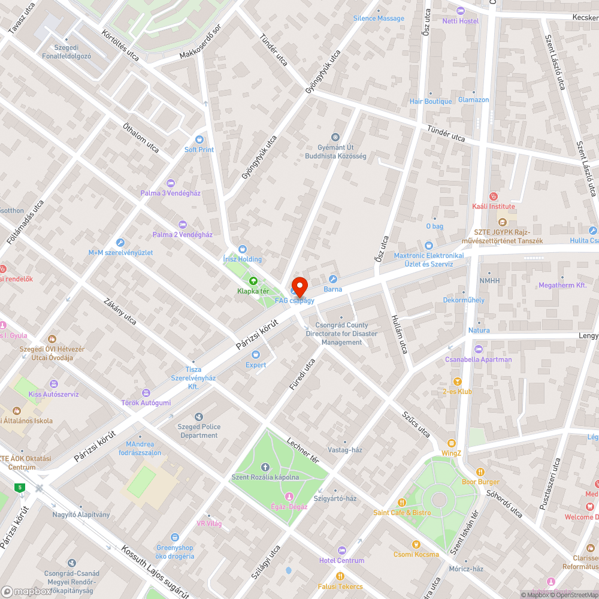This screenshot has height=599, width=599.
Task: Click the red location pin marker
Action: click(x=299, y=286)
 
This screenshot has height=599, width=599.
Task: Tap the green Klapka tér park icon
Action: click(x=253, y=280)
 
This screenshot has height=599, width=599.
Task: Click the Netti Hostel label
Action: click(x=461, y=21)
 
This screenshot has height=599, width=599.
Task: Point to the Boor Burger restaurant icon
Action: click(x=480, y=471)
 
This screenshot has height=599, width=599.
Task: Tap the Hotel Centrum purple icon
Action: click(x=342, y=550)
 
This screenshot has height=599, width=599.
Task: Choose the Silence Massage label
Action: click(x=379, y=18)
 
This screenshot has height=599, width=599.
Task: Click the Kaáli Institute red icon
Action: click(x=494, y=196)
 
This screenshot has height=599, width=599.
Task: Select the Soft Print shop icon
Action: click(x=199, y=139)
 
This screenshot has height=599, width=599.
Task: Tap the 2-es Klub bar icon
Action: click(x=458, y=381)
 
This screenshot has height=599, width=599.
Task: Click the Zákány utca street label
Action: click(x=120, y=311)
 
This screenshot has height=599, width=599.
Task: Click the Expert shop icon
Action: click(x=256, y=355)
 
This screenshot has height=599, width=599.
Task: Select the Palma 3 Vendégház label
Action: click(x=170, y=193)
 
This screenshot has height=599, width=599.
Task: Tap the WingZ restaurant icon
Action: click(x=452, y=443)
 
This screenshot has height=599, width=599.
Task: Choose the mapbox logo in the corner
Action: click(x=27, y=591)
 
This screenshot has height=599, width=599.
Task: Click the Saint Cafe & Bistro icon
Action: click(x=403, y=502)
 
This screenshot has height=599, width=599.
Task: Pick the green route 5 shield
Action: click(x=21, y=488)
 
